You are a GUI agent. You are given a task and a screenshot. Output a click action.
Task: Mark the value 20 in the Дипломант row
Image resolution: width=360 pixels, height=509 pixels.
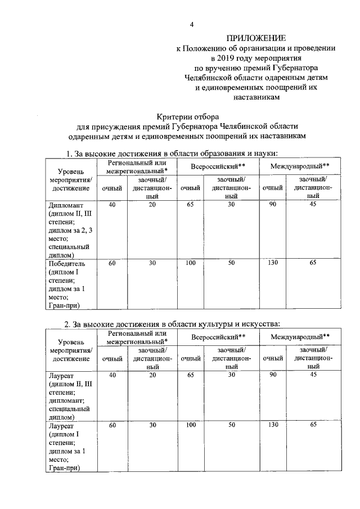click(152, 205)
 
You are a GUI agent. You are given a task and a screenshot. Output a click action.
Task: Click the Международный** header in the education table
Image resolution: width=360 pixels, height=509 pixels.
click(299, 167)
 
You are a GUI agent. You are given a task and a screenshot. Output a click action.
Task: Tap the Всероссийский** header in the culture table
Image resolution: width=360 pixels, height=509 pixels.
click(218, 337)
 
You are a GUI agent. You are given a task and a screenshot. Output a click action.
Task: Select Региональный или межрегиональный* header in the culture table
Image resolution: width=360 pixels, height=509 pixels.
click(137, 337)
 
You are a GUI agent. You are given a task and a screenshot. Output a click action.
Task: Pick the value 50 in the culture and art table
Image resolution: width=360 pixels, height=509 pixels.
click(231, 426)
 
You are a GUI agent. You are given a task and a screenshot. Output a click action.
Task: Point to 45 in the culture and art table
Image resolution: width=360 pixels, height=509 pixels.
click(313, 375)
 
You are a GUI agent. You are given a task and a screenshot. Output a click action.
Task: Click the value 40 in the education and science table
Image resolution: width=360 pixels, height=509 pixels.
click(112, 205)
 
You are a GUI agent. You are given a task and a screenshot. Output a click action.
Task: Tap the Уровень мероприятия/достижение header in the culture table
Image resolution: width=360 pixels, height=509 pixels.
click(71, 349)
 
